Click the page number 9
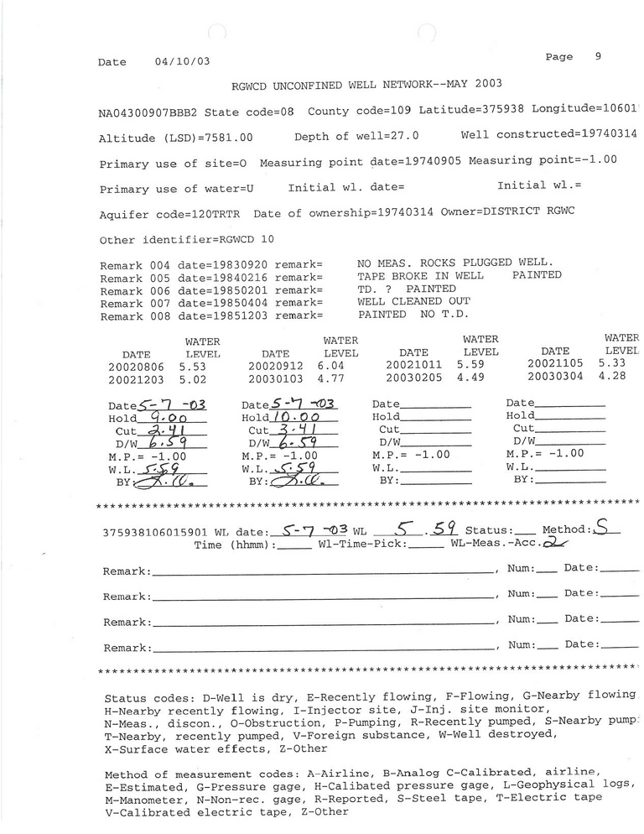tap(598, 57)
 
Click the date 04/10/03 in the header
tap(182, 62)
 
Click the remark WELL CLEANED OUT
tap(413, 301)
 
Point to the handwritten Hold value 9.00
tap(166, 417)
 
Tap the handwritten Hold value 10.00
tap(303, 417)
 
